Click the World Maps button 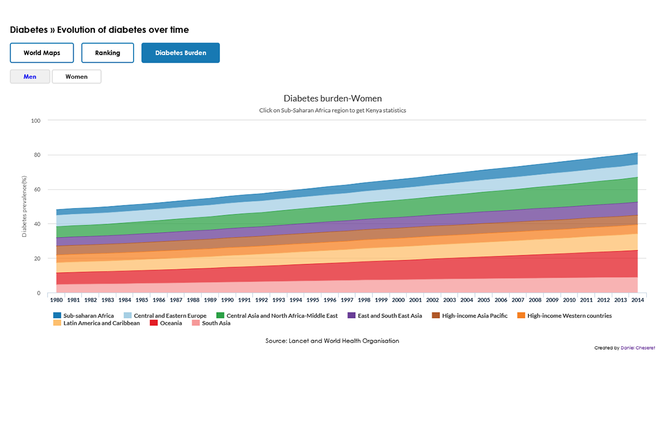coord(42,53)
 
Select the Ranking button coord(108,53)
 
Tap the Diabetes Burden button coord(181,53)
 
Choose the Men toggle coord(30,77)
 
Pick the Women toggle coord(76,77)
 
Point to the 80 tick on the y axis coord(37,155)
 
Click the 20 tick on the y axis coord(37,259)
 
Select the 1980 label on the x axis coord(56,300)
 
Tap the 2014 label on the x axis coord(637,300)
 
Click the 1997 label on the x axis coord(347,300)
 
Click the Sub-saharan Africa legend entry coord(88,316)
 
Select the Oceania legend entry coord(171,323)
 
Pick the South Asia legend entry coord(216,323)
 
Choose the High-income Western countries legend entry coord(569,316)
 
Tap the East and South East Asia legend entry coord(390,316)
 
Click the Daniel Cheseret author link coord(638,348)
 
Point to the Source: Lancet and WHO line coord(332,341)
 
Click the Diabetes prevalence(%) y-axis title coord(24,206)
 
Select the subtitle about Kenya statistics coord(332,110)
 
